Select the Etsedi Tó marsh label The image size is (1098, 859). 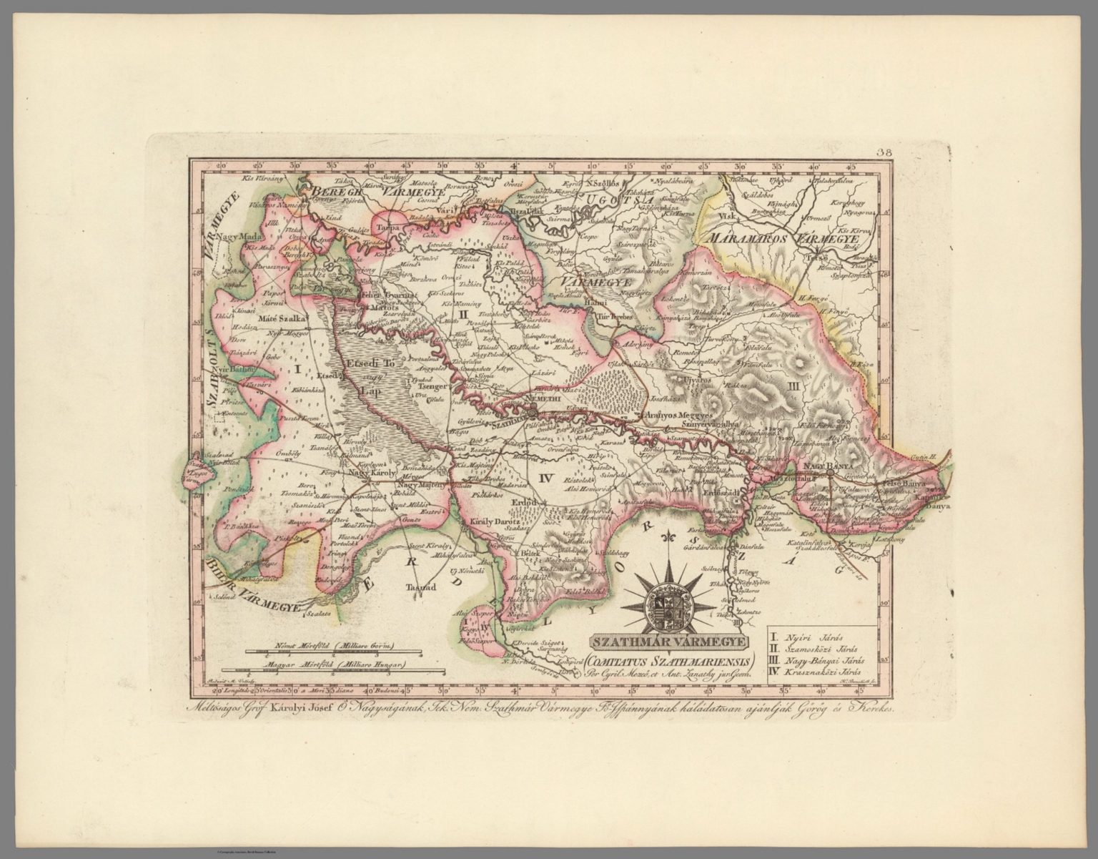pos(370,364)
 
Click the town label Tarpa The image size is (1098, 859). pos(387,227)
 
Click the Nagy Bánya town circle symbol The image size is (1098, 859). pos(829,473)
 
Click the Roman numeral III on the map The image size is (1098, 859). pos(791,385)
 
